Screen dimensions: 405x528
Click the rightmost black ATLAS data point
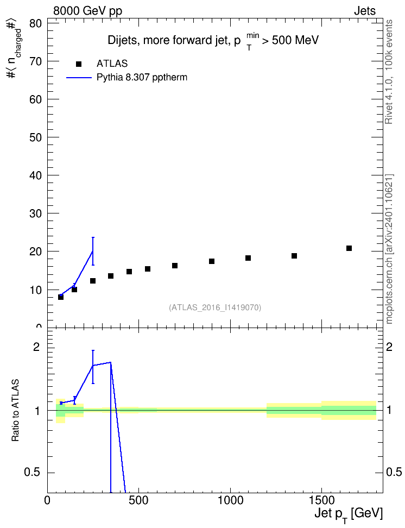coord(349,248)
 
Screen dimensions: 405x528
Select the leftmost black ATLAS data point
coord(61,297)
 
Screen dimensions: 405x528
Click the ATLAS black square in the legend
coord(79,64)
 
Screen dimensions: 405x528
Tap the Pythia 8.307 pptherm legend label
coord(142,78)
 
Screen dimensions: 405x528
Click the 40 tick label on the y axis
coord(35,175)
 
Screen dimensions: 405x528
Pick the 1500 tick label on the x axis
coord(321,500)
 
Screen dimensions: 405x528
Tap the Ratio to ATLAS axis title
coord(15,411)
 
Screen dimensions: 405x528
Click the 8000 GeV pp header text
coord(87,11)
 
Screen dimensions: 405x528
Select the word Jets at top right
coord(365,11)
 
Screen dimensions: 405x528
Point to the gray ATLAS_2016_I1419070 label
coord(215,307)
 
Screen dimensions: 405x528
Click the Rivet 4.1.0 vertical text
coord(389,104)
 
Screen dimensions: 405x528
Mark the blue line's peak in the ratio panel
coord(110,362)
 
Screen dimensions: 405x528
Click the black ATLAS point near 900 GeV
coord(211,261)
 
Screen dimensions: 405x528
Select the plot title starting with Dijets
coord(213,40)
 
